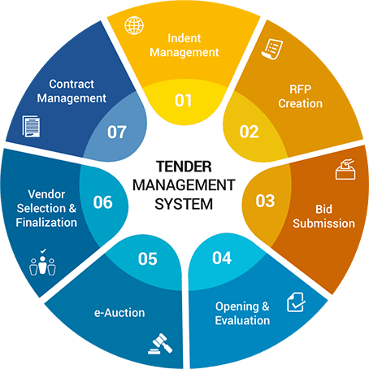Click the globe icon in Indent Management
pyautogui.click(x=134, y=25)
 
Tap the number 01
pyautogui.click(x=184, y=101)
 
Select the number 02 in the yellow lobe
pyautogui.click(x=249, y=132)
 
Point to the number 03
pyautogui.click(x=265, y=201)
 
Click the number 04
pyautogui.click(x=222, y=258)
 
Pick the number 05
pyautogui.click(x=147, y=258)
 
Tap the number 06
pyautogui.click(x=102, y=202)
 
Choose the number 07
pyautogui.click(x=117, y=132)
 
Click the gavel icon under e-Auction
pyautogui.click(x=160, y=344)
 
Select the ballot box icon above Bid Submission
pyautogui.click(x=345, y=169)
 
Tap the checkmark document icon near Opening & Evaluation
pyautogui.click(x=296, y=302)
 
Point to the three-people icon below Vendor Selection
pyautogui.click(x=42, y=263)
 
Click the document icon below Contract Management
pyautogui.click(x=31, y=126)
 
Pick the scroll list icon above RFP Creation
pyautogui.click(x=272, y=49)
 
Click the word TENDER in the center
pyautogui.click(x=184, y=167)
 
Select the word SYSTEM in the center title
pyautogui.click(x=184, y=204)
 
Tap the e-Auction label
pyautogui.click(x=119, y=313)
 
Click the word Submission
pyautogui.click(x=323, y=224)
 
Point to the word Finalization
pyautogui.click(x=46, y=223)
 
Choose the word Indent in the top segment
pyautogui.click(x=184, y=38)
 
